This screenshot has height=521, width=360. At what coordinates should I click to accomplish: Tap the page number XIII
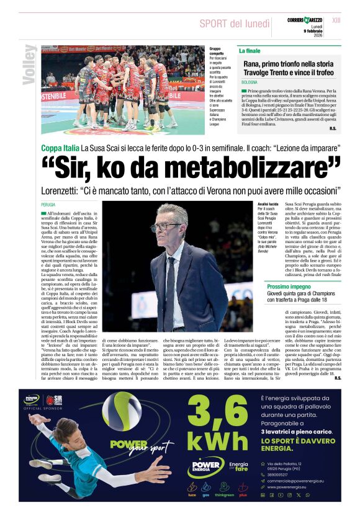(x=336, y=20)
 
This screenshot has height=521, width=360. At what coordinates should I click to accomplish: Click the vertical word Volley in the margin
(x=28, y=65)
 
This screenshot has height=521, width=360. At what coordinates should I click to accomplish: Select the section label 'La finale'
(x=250, y=50)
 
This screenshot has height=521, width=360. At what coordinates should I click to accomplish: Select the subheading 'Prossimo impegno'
(x=289, y=287)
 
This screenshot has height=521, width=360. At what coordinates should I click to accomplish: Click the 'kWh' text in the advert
(x=217, y=441)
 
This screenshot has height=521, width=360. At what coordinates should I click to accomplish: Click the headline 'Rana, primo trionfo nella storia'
(x=289, y=64)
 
